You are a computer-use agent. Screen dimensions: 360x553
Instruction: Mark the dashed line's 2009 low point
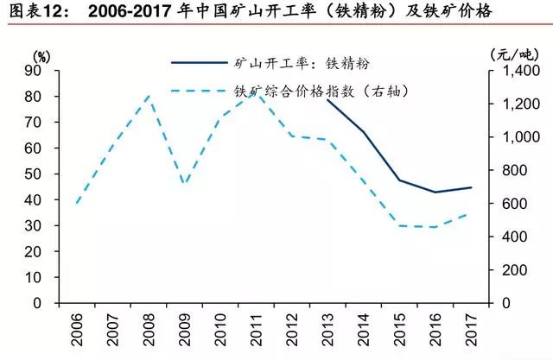(183, 184)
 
